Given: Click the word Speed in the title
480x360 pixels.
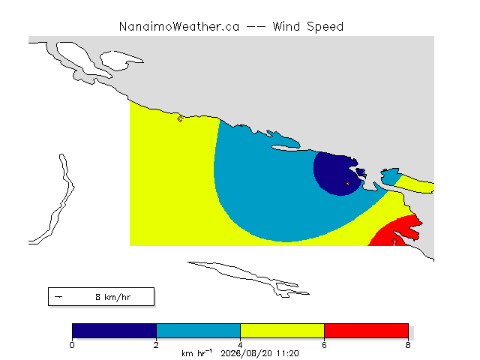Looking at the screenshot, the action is (325, 27).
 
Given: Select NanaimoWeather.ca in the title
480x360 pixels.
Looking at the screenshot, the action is (179, 27).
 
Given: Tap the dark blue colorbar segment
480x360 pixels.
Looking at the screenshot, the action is (114, 331).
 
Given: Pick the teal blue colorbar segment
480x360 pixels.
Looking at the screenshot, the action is (198, 331).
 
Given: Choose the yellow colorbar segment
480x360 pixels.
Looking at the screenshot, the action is (282, 331).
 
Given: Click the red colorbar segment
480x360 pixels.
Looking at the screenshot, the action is (366, 331).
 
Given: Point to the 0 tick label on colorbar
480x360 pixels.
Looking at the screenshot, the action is (72, 345).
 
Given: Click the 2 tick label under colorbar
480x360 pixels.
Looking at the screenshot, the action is (156, 345).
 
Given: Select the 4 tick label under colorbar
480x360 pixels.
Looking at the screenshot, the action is (240, 345).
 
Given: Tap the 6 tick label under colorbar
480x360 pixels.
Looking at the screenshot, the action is (324, 345).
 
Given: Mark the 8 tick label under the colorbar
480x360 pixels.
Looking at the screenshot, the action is (408, 345).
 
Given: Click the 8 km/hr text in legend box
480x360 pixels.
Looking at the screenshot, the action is (113, 297).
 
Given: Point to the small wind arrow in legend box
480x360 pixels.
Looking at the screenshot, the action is (58, 297).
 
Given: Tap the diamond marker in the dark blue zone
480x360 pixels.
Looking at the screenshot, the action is (347, 183).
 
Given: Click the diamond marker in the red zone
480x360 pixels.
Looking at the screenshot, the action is (395, 241).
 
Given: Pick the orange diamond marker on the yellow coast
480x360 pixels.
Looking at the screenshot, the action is (180, 118).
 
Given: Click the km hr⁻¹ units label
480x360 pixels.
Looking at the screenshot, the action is (196, 353).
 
